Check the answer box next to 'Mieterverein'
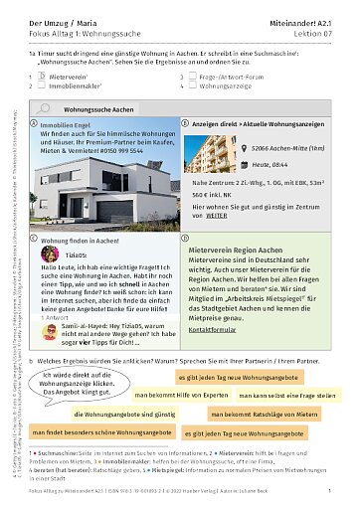[33, 75]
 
